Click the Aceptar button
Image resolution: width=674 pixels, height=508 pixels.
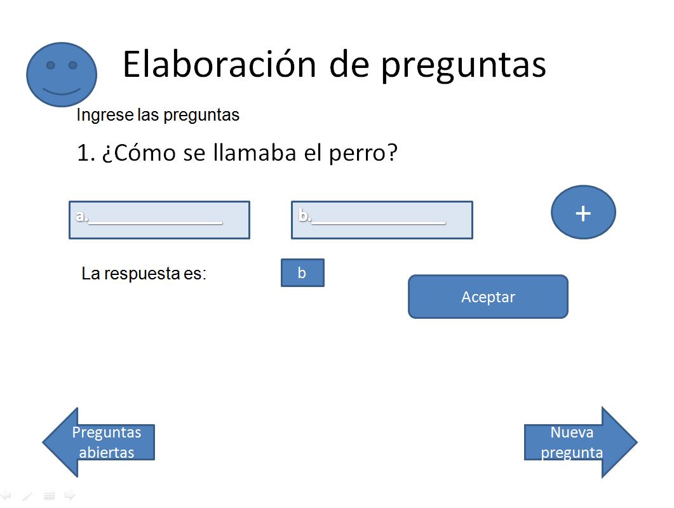coord(488,297)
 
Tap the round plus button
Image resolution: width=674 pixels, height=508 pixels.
coord(583,212)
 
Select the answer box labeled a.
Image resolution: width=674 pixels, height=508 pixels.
coord(159,220)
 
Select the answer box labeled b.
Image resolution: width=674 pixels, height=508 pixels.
coord(382,220)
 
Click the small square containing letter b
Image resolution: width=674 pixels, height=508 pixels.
coord(302,272)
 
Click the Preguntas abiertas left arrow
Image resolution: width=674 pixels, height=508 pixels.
coord(98,442)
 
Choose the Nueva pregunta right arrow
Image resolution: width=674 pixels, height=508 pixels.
coord(581,442)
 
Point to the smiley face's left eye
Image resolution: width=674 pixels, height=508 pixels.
coord(50,65)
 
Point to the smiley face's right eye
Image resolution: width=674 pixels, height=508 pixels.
coord(72,65)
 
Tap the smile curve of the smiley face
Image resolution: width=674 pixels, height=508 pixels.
coord(62,92)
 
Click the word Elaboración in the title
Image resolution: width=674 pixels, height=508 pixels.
coord(220,64)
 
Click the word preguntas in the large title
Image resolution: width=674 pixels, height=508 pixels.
coord(463,67)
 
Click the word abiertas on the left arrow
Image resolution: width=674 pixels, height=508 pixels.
coord(107,453)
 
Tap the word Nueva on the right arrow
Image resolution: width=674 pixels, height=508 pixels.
coord(572,432)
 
